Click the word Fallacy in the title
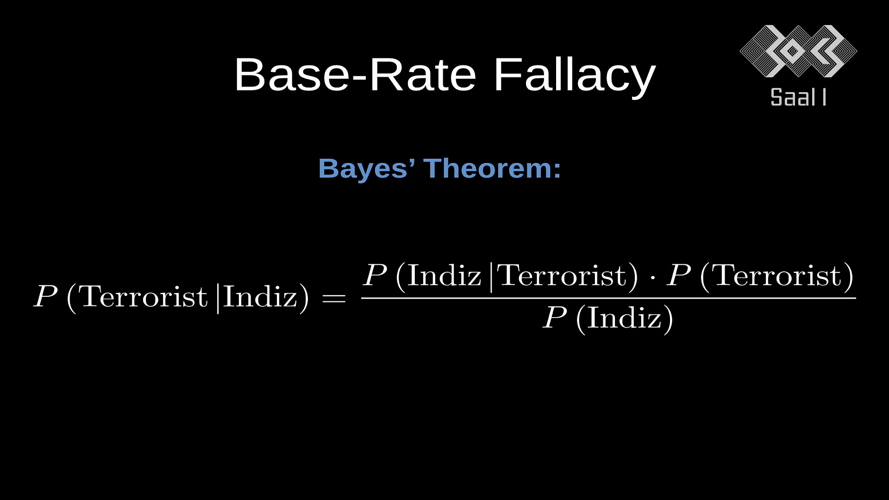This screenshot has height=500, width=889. tap(575, 75)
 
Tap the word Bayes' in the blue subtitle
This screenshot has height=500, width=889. tap(366, 169)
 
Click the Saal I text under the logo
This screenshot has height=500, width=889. tap(798, 97)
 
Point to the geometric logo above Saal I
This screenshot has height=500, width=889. tap(798, 51)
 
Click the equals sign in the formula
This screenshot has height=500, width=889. tap(334, 299)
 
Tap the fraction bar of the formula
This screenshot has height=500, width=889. tap(608, 298)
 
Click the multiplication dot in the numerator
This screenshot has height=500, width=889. tap(652, 277)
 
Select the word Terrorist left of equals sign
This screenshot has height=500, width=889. tap(144, 297)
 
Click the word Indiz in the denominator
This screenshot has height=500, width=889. tap(625, 318)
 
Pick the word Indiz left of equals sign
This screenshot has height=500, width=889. tap(260, 297)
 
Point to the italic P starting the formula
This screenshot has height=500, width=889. tap(46, 297)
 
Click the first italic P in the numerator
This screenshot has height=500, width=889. tap(375, 275)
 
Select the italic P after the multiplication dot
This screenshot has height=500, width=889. tap(679, 275)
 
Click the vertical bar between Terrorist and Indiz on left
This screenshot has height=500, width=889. tap(218, 299)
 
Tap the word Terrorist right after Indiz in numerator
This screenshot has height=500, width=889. tap(561, 275)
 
